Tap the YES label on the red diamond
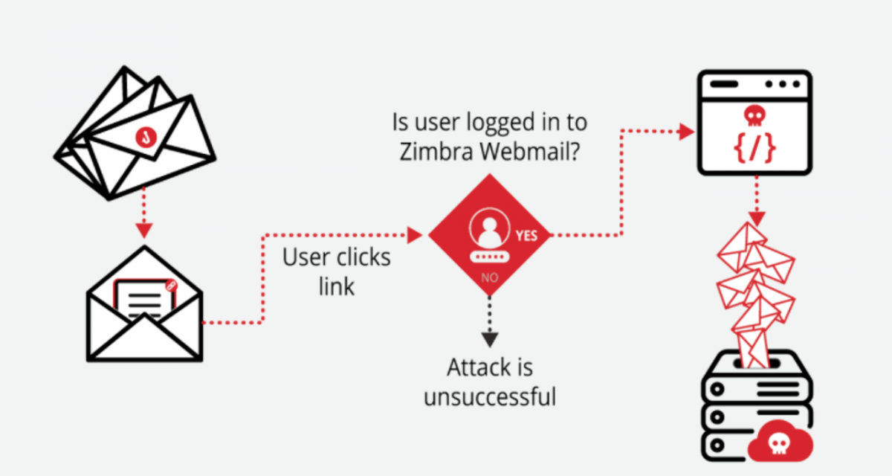(526, 236)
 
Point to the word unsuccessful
(490, 396)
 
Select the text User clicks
(336, 257)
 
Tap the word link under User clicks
(336, 286)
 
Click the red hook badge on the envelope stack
(147, 137)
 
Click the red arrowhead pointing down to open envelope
(146, 226)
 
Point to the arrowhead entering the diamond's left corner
(414, 235)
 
